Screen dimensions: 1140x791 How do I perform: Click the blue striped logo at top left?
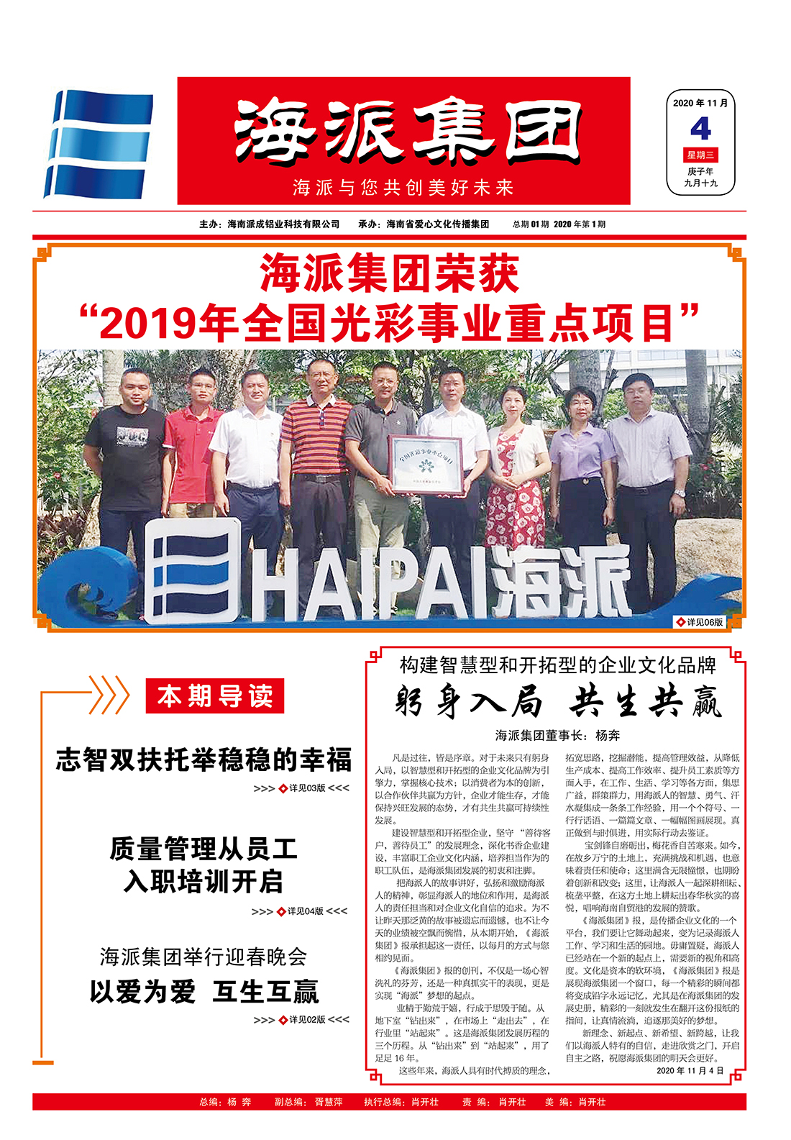[x=99, y=144]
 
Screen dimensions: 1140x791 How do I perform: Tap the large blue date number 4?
[x=700, y=129]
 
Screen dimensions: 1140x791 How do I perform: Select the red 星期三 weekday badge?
[x=700, y=155]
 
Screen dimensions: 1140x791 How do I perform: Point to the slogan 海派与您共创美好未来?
[x=403, y=188]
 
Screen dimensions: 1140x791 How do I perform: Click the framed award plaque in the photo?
[x=425, y=464]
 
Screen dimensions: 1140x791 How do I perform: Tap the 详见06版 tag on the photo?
[x=700, y=622]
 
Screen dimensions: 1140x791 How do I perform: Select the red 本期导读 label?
[x=215, y=696]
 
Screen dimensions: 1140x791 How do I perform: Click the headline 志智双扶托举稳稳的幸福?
[x=204, y=760]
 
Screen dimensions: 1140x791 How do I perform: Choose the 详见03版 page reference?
[x=303, y=788]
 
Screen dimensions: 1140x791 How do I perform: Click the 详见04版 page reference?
[x=301, y=911]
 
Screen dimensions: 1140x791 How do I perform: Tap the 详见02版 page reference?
[x=303, y=1020]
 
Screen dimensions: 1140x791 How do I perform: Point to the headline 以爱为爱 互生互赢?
[x=204, y=992]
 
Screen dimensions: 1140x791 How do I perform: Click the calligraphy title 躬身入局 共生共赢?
[x=557, y=702]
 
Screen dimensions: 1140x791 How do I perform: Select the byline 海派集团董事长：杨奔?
[x=557, y=735]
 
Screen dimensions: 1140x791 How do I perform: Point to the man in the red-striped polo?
[x=316, y=460]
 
